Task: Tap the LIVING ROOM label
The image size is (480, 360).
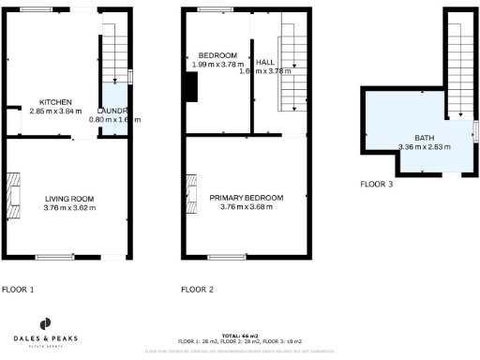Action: [x=69, y=199]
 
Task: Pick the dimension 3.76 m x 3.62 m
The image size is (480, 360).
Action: [x=69, y=208]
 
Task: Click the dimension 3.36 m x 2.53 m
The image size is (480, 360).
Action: [x=424, y=146]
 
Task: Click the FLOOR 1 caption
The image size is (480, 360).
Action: [x=18, y=290]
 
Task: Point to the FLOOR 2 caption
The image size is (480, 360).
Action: [x=197, y=290]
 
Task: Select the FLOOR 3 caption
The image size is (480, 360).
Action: [x=377, y=185]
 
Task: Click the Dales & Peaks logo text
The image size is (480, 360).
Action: [x=44, y=337]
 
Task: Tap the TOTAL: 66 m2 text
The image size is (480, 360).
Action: [x=239, y=335]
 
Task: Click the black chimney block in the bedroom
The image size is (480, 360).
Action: [x=192, y=86]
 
